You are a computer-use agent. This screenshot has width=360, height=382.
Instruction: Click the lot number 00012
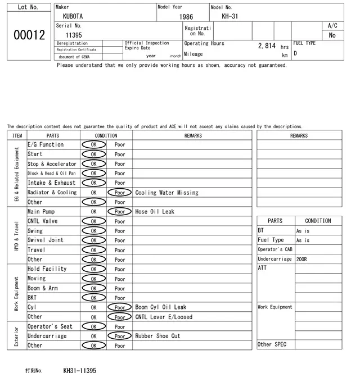[x=29, y=35]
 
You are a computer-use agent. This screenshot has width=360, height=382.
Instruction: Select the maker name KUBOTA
[x=73, y=17]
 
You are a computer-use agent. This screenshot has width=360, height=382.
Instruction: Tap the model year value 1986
[x=186, y=17]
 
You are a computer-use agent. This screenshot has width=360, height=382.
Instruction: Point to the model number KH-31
[x=229, y=16]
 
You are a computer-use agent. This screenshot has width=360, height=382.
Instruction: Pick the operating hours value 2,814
[x=267, y=46]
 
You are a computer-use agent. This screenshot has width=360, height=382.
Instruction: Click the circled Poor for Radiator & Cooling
[x=119, y=192]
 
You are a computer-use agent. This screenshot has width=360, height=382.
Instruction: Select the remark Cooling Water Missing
[x=166, y=193]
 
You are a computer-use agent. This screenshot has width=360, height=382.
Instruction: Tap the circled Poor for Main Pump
[x=119, y=212]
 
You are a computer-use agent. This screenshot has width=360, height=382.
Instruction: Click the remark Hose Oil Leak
[x=155, y=212]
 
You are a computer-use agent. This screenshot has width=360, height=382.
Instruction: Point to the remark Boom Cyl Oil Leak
[x=160, y=307]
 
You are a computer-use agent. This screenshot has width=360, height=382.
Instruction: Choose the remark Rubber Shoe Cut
[x=157, y=336]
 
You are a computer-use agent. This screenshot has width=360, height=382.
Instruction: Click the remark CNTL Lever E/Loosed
[x=164, y=317]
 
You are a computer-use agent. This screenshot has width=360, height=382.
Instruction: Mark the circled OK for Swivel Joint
[x=93, y=240]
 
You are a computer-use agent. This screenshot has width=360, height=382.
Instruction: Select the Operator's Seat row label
[x=50, y=326]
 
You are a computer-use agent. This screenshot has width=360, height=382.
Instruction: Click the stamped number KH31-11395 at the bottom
[x=79, y=371]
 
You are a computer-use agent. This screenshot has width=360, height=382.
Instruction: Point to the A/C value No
[x=332, y=35]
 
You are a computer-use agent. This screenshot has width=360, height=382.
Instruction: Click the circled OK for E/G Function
[x=93, y=144]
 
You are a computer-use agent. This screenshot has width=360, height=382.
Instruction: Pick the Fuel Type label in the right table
[x=271, y=240]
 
